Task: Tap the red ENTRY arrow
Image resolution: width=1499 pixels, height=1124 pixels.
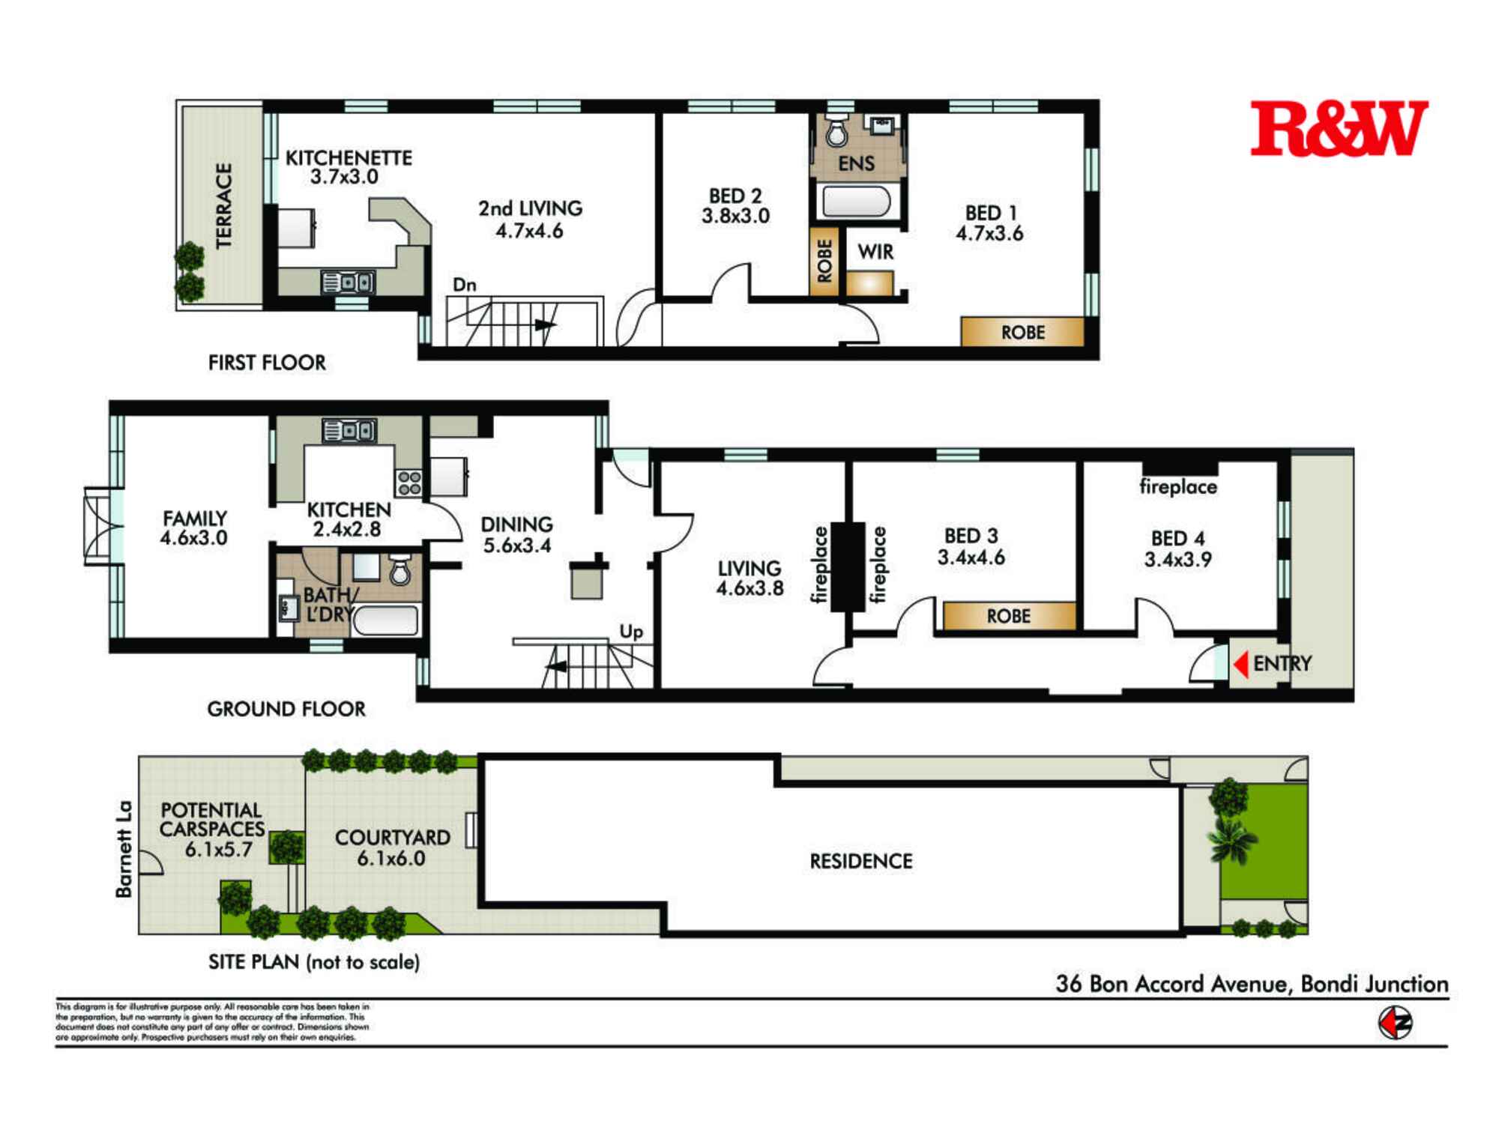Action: click(1241, 664)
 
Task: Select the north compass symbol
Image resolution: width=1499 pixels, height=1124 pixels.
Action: click(1395, 1023)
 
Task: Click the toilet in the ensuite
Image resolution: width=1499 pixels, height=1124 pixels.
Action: click(836, 133)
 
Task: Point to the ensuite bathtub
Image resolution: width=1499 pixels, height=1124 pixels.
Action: click(857, 201)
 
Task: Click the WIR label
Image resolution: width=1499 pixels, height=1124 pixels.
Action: click(875, 252)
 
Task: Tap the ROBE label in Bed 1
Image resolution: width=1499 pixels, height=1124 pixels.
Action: click(1022, 332)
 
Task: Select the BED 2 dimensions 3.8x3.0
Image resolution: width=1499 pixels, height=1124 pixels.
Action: click(735, 217)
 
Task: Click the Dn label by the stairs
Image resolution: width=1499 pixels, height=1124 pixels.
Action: click(465, 285)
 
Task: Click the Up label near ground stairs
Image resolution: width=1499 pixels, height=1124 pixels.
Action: click(631, 632)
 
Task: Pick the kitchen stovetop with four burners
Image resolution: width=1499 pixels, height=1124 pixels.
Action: click(409, 483)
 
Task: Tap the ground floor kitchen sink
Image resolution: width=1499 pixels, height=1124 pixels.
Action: click(349, 431)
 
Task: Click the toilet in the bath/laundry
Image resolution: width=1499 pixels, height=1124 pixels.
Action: click(400, 571)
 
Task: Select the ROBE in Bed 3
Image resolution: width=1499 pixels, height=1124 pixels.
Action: click(1008, 616)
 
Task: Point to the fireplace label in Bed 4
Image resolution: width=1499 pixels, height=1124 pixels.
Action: click(1177, 487)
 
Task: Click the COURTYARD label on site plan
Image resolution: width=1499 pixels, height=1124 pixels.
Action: click(392, 838)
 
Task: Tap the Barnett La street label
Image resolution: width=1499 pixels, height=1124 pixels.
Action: click(124, 848)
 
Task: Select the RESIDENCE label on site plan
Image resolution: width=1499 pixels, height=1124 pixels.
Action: click(861, 862)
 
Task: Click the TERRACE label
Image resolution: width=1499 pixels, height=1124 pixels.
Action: click(224, 205)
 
